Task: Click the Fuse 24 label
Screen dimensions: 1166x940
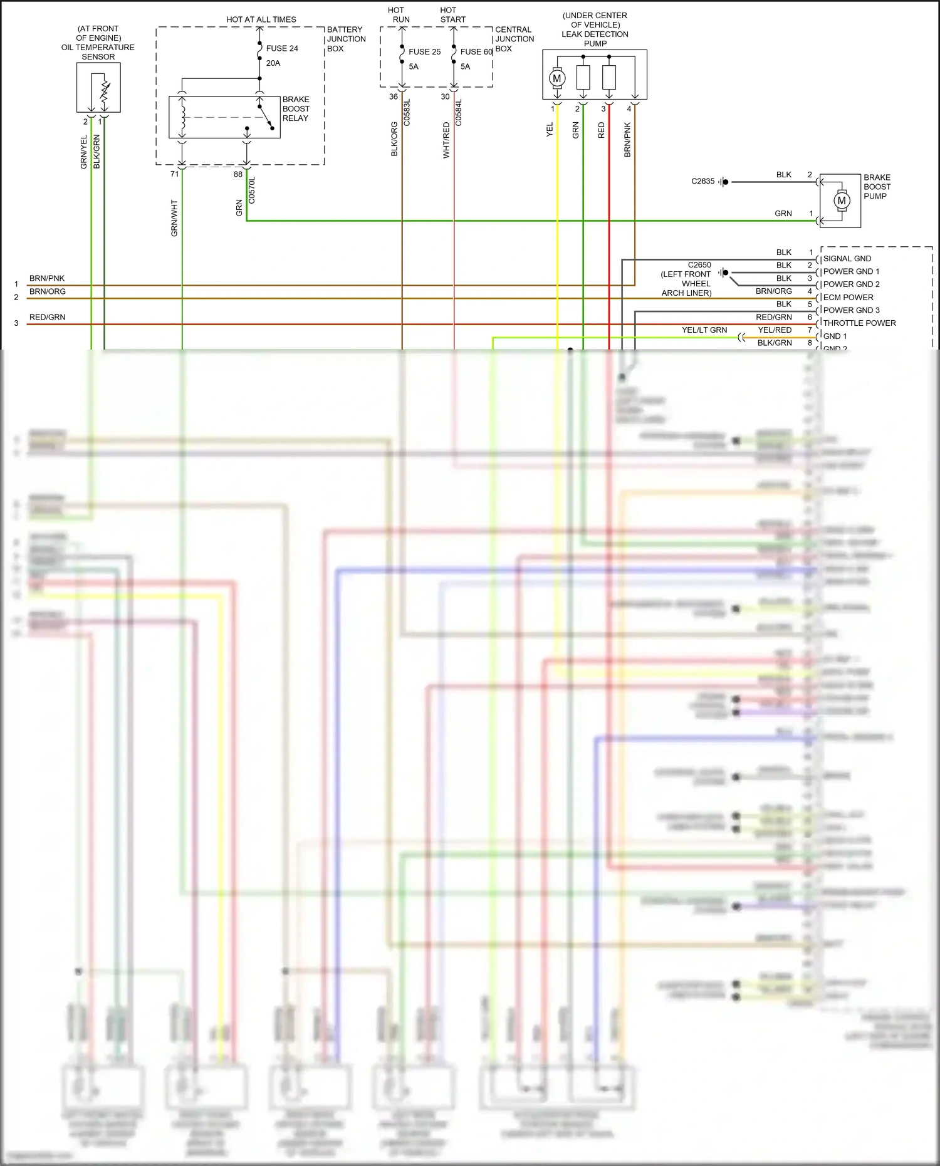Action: click(x=281, y=48)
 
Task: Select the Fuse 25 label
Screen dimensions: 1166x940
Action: click(x=424, y=52)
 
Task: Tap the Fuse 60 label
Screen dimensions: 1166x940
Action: click(x=476, y=52)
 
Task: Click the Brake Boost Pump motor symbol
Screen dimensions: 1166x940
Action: click(x=841, y=200)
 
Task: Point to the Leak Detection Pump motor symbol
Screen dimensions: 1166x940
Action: click(x=556, y=78)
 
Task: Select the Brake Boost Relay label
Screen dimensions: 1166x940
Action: click(x=296, y=108)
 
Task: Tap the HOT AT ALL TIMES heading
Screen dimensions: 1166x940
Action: click(x=261, y=19)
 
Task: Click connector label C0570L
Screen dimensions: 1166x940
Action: click(x=252, y=190)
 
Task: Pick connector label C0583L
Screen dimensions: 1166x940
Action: click(x=407, y=113)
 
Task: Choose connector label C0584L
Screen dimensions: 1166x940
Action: click(x=458, y=113)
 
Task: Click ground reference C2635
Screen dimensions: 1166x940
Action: click(x=702, y=181)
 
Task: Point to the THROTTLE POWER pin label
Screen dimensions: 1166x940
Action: click(x=859, y=323)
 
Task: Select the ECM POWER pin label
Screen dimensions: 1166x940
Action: click(x=848, y=298)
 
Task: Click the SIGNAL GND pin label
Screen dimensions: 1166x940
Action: click(x=847, y=259)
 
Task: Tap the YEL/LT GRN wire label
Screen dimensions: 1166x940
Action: click(x=704, y=330)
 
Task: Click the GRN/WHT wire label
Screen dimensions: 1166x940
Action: click(x=174, y=218)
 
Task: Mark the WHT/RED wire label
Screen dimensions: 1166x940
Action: click(x=446, y=140)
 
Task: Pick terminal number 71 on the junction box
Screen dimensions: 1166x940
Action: click(x=175, y=174)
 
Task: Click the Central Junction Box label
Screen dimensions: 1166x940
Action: click(x=514, y=39)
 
